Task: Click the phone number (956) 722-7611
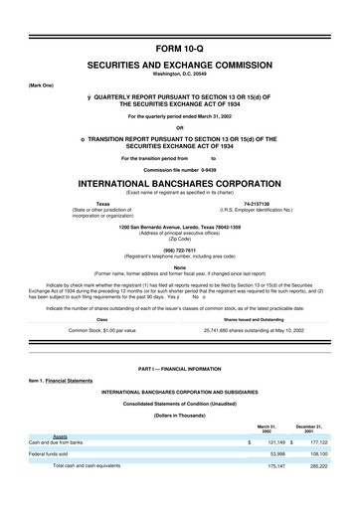coord(180,249)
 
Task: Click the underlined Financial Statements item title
coord(82,408)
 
